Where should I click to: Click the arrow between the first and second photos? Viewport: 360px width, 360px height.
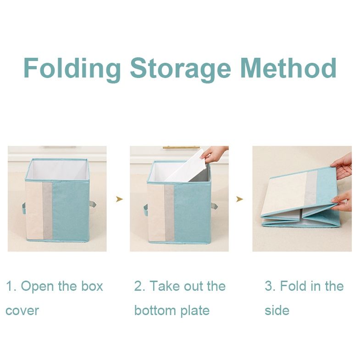click(x=119, y=199)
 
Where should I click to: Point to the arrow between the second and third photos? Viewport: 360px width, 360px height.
click(x=240, y=199)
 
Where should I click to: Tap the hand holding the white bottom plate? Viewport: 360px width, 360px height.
click(x=214, y=153)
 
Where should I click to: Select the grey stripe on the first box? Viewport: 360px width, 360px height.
click(x=48, y=211)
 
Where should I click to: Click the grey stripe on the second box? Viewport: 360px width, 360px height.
click(x=169, y=213)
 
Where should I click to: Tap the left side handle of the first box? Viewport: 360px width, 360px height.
click(x=24, y=208)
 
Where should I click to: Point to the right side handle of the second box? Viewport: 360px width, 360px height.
click(x=214, y=206)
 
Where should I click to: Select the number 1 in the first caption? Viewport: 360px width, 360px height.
click(x=9, y=286)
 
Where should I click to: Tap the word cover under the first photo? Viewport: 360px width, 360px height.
click(x=22, y=311)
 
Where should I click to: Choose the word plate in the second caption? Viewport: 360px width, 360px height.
click(x=195, y=311)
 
